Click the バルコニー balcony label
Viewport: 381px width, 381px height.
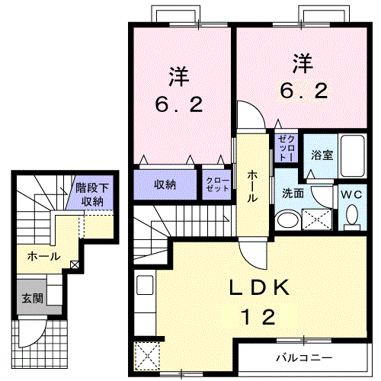click(303, 357)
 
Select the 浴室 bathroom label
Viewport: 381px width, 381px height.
click(322, 155)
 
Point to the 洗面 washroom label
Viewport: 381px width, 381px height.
click(293, 194)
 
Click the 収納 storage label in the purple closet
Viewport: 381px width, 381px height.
click(165, 184)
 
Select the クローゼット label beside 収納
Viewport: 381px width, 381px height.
click(216, 184)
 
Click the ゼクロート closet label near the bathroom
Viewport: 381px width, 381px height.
click(286, 146)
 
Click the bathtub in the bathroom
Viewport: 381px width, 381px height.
click(353, 155)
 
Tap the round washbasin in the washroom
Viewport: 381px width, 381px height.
click(287, 220)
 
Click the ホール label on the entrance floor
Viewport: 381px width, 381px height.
click(43, 257)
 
